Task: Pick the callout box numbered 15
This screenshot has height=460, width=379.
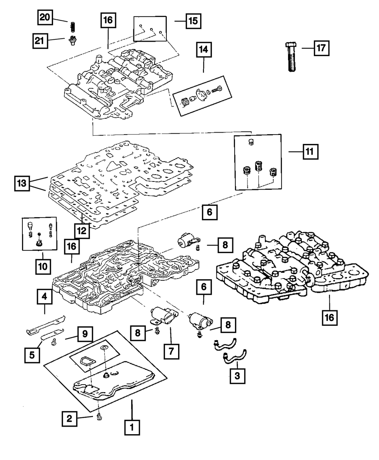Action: pyautogui.click(x=193, y=21)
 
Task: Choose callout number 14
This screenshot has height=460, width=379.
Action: pyautogui.click(x=204, y=49)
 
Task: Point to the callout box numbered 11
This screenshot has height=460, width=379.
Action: pyautogui.click(x=310, y=152)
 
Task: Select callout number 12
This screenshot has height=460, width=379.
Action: pyautogui.click(x=81, y=230)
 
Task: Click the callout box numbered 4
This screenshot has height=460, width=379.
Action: pyautogui.click(x=45, y=297)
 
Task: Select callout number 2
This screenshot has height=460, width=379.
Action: pyautogui.click(x=69, y=418)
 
